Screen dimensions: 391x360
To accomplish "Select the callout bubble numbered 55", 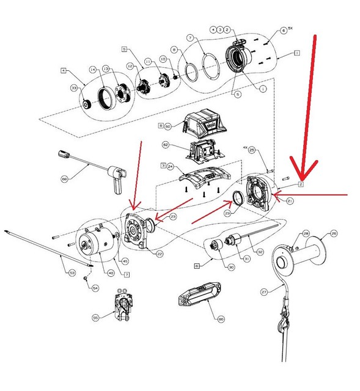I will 96,318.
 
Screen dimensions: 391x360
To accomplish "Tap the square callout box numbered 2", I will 301,184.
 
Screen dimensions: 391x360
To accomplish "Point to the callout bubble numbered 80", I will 221,318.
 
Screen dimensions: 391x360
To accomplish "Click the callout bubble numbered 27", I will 264,293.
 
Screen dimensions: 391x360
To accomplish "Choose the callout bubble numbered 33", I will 73,89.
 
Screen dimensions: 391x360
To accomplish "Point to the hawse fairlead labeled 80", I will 197,298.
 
